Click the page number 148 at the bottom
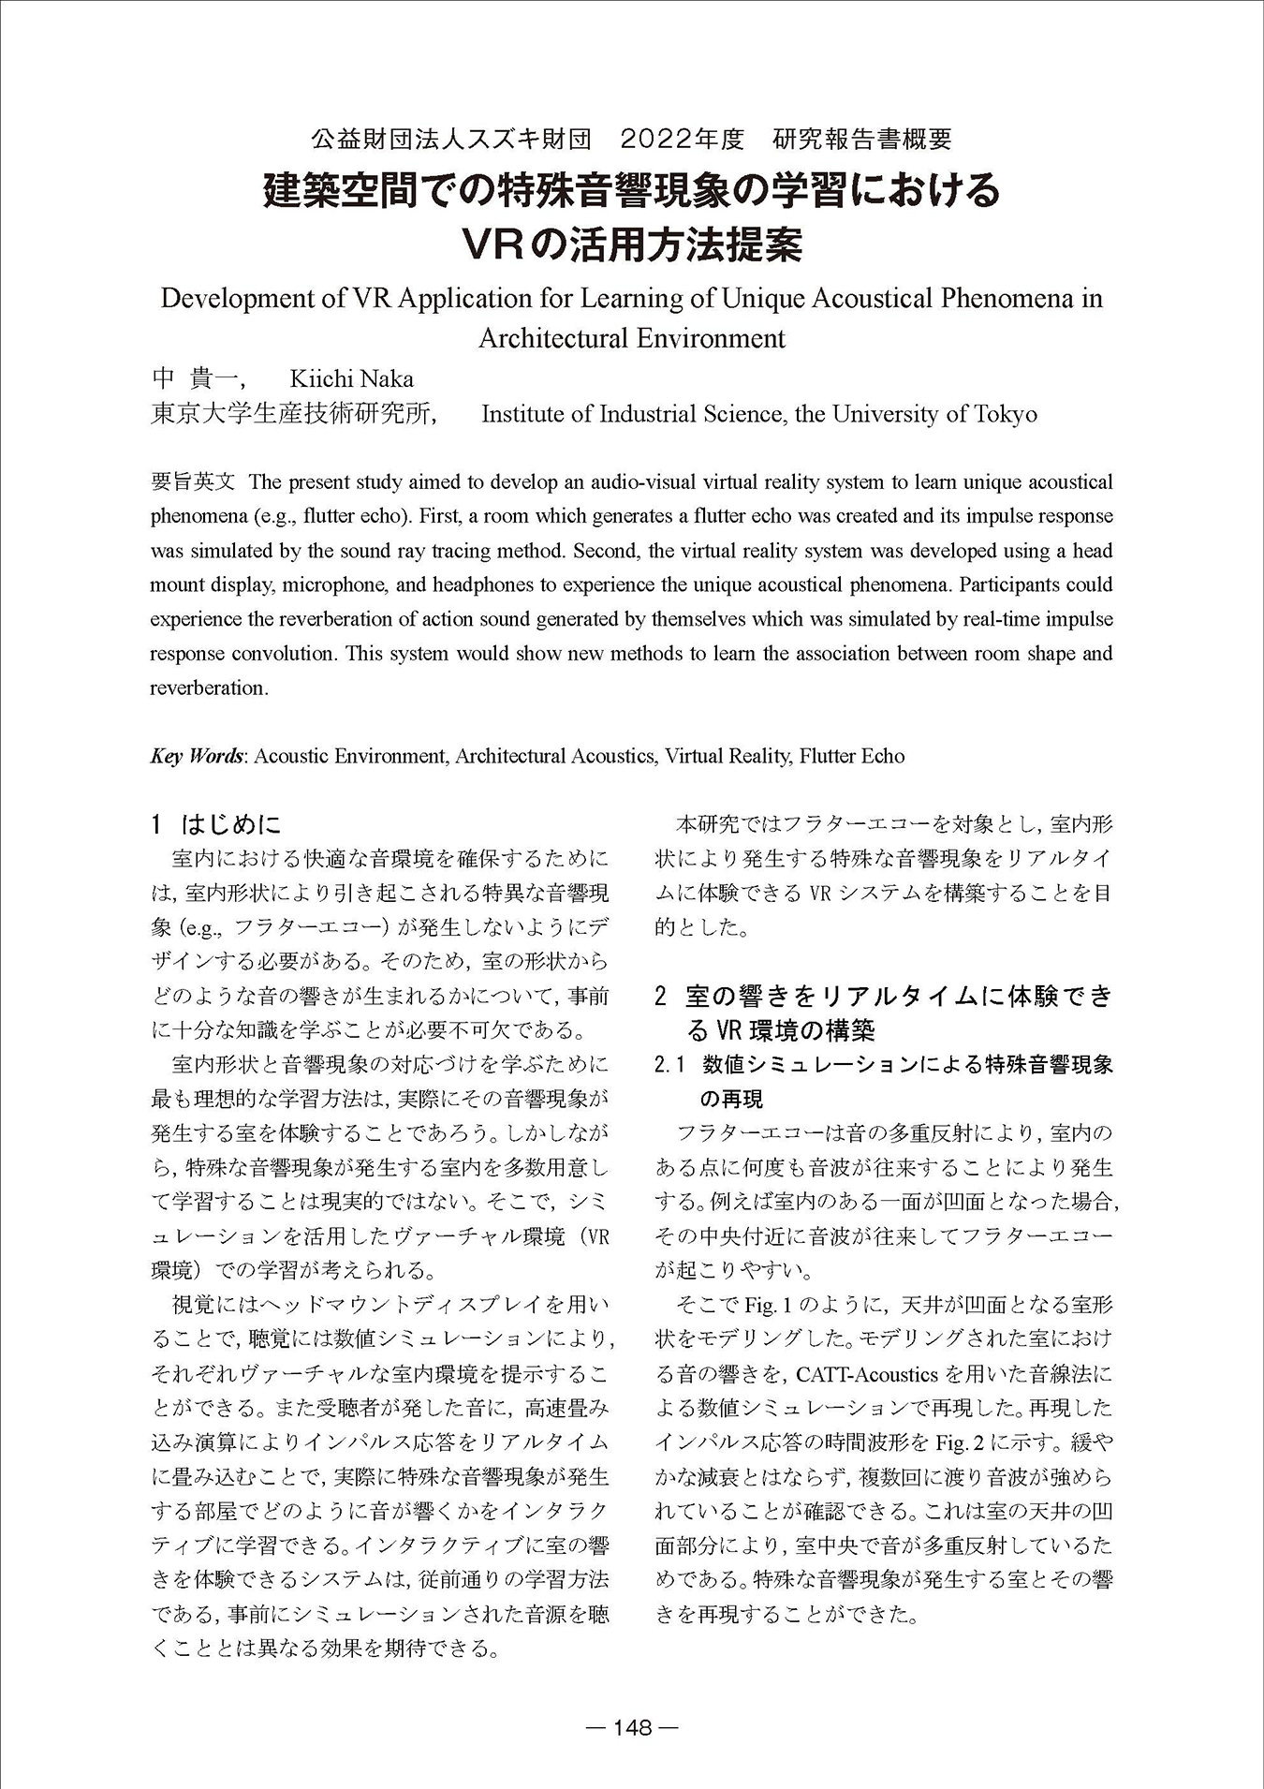632,1728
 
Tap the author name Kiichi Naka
351,379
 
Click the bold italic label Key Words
197,756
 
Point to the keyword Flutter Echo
852,756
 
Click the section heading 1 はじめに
216,824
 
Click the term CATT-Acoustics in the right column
866,1375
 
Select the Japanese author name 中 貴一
197,379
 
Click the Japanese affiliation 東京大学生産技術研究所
291,414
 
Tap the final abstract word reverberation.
208,688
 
